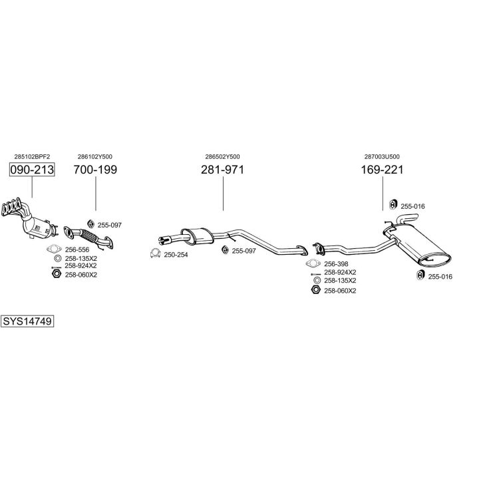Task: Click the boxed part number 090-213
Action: (32, 170)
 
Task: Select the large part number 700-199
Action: (95, 170)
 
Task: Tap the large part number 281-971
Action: (223, 170)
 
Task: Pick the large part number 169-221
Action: (382, 170)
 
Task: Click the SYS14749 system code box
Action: (27, 321)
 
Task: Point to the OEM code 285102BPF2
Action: (32, 157)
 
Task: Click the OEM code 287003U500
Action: (382, 157)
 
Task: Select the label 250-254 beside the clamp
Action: (176, 255)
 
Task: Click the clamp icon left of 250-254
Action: (156, 253)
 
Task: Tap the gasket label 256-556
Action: (77, 250)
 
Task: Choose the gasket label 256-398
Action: (336, 264)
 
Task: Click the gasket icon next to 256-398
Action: (313, 263)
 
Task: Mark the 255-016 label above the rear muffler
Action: (412, 206)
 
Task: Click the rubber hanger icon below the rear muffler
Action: (420, 275)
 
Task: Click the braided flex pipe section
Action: (89, 236)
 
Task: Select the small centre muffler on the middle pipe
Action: (197, 236)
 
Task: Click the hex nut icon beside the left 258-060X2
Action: (57, 273)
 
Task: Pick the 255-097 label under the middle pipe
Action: (243, 251)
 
